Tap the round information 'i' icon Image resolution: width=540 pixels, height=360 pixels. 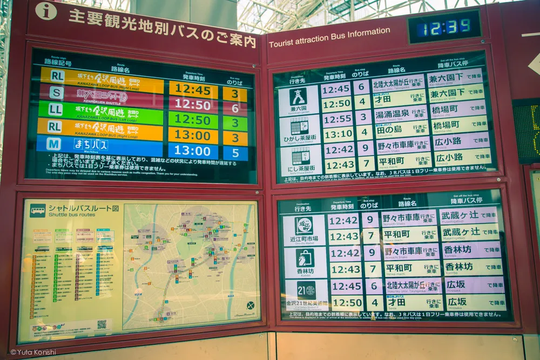point(46,11)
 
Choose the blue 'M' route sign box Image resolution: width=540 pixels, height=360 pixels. point(54,144)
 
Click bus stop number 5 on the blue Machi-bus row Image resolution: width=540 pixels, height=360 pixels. point(235,152)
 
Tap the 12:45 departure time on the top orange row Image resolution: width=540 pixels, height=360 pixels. point(193,89)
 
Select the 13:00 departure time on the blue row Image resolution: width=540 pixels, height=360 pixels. point(192,151)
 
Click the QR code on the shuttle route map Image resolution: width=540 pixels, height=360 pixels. point(102,324)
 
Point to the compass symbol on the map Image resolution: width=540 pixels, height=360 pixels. point(251,305)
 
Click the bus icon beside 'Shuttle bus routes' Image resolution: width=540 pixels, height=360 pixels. point(37,210)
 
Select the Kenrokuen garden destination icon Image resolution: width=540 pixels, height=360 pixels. point(298,97)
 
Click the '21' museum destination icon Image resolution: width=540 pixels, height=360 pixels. point(306,290)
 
